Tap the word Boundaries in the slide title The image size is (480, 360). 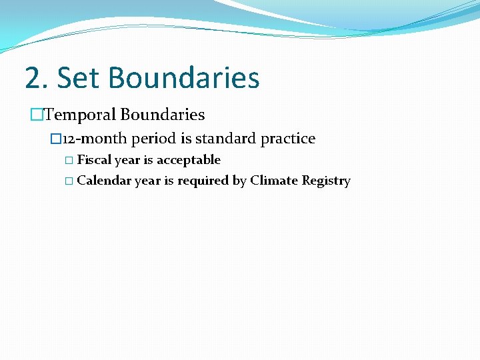(184, 77)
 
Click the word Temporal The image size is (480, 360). (80, 115)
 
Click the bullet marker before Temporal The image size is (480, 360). (36, 115)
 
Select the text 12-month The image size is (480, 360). (95, 139)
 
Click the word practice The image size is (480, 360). (289, 139)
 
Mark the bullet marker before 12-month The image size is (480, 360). (55, 139)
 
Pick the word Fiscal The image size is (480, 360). (94, 160)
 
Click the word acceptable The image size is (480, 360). (189, 160)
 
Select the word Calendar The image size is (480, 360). (104, 181)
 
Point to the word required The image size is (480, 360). (203, 181)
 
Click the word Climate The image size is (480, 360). (274, 181)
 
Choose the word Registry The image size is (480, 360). (326, 181)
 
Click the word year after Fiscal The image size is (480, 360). (127, 160)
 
